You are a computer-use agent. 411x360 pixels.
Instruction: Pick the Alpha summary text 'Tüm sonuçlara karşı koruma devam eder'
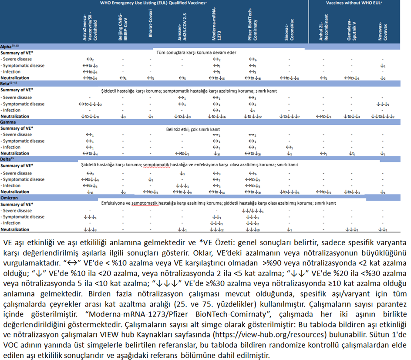(x=196, y=52)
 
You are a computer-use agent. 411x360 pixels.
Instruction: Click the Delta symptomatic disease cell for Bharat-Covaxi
(x=150, y=179)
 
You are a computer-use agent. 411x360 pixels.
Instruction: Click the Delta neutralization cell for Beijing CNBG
(x=123, y=192)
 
